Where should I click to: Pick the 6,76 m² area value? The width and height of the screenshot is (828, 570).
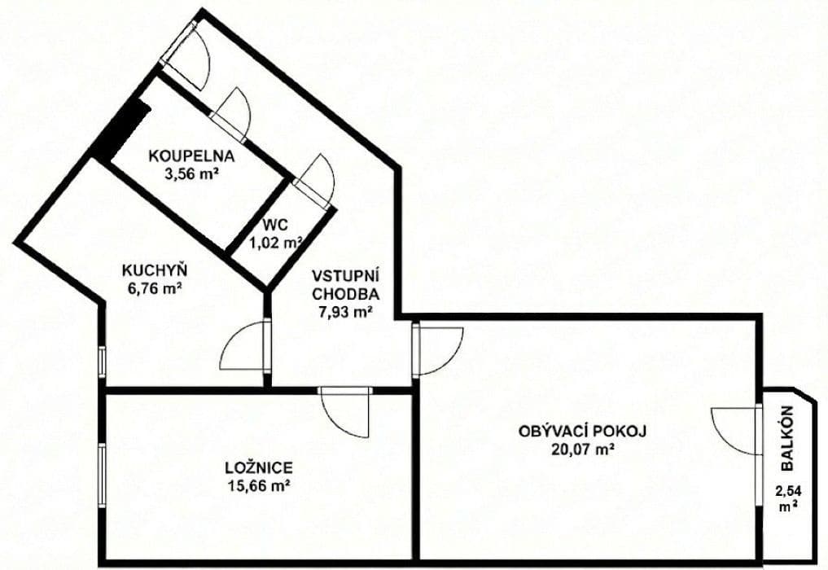(x=152, y=287)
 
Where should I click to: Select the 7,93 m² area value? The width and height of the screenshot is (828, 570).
(x=344, y=310)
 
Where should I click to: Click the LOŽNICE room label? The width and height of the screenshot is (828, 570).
(x=259, y=468)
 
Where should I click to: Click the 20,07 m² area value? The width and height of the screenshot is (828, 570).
(x=582, y=448)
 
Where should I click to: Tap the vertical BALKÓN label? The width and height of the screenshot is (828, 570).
(x=786, y=439)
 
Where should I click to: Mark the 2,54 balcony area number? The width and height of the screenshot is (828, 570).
(x=786, y=493)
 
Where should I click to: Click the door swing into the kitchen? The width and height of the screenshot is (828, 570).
(x=244, y=349)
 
